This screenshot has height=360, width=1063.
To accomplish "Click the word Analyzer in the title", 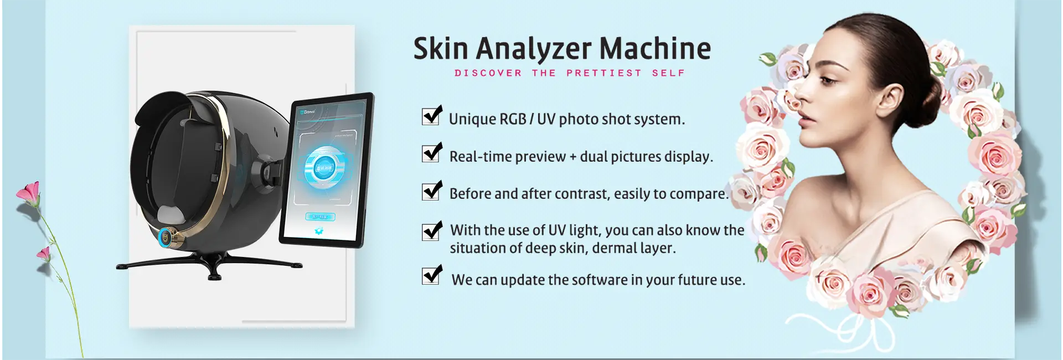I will pos(534,49).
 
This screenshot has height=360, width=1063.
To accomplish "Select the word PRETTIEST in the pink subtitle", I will pos(603,73).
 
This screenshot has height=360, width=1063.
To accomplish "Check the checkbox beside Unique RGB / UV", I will pos(431,116).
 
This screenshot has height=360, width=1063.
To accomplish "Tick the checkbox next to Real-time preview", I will pos(431,153).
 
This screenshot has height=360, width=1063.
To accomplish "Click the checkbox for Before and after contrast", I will pos(431,191).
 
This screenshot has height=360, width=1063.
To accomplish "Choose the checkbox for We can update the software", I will pos(431,275).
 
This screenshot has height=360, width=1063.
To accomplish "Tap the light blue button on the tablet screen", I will pos(320,217).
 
